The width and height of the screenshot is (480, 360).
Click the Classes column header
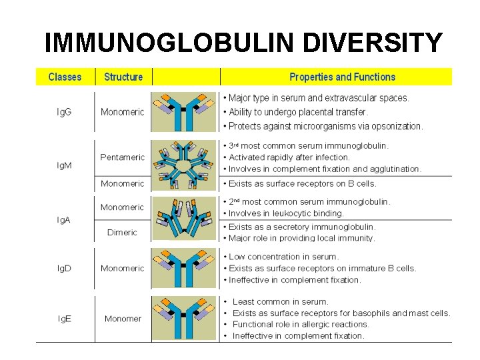65,77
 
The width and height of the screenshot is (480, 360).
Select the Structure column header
123,77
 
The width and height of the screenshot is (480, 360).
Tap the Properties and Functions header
342,77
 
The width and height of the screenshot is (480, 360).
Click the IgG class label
65,112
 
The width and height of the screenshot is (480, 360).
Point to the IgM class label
65,165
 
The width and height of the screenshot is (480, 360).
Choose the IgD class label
65,268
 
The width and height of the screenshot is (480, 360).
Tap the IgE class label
65,319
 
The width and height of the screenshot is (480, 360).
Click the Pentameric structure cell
122,157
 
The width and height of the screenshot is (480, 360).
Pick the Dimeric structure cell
122,233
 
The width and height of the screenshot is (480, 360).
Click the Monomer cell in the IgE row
123,319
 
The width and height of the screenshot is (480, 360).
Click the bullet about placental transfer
298,112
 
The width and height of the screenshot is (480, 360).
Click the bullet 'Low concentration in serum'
283,257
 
